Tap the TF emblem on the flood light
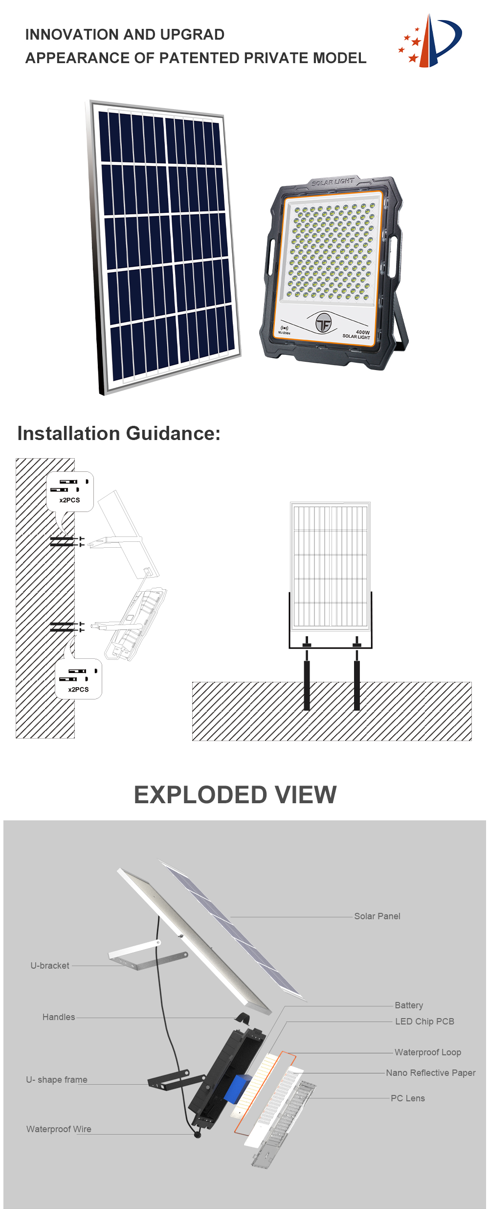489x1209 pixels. pyautogui.click(x=323, y=323)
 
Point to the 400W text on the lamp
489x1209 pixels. pyautogui.click(x=362, y=332)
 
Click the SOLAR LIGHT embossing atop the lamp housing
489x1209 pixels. pyautogui.click(x=333, y=182)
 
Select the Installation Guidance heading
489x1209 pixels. pyautogui.click(x=119, y=433)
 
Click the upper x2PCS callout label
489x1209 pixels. pyautogui.click(x=69, y=500)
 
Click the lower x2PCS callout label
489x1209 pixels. pyautogui.click(x=78, y=690)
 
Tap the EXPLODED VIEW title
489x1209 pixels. pyautogui.click(x=235, y=795)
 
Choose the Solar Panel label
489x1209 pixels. pyautogui.click(x=377, y=916)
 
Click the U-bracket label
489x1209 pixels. pyautogui.click(x=50, y=966)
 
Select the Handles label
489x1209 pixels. pyautogui.click(x=59, y=1017)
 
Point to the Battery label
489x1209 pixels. pyautogui.click(x=409, y=1005)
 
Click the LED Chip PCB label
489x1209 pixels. pyautogui.click(x=424, y=1022)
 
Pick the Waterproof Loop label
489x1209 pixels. pyautogui.click(x=428, y=1052)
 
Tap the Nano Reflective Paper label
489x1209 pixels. pyautogui.click(x=430, y=1073)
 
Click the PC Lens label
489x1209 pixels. pyautogui.click(x=408, y=1098)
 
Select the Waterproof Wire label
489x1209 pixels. pyautogui.click(x=59, y=1129)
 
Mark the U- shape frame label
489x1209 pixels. pyautogui.click(x=57, y=1080)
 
